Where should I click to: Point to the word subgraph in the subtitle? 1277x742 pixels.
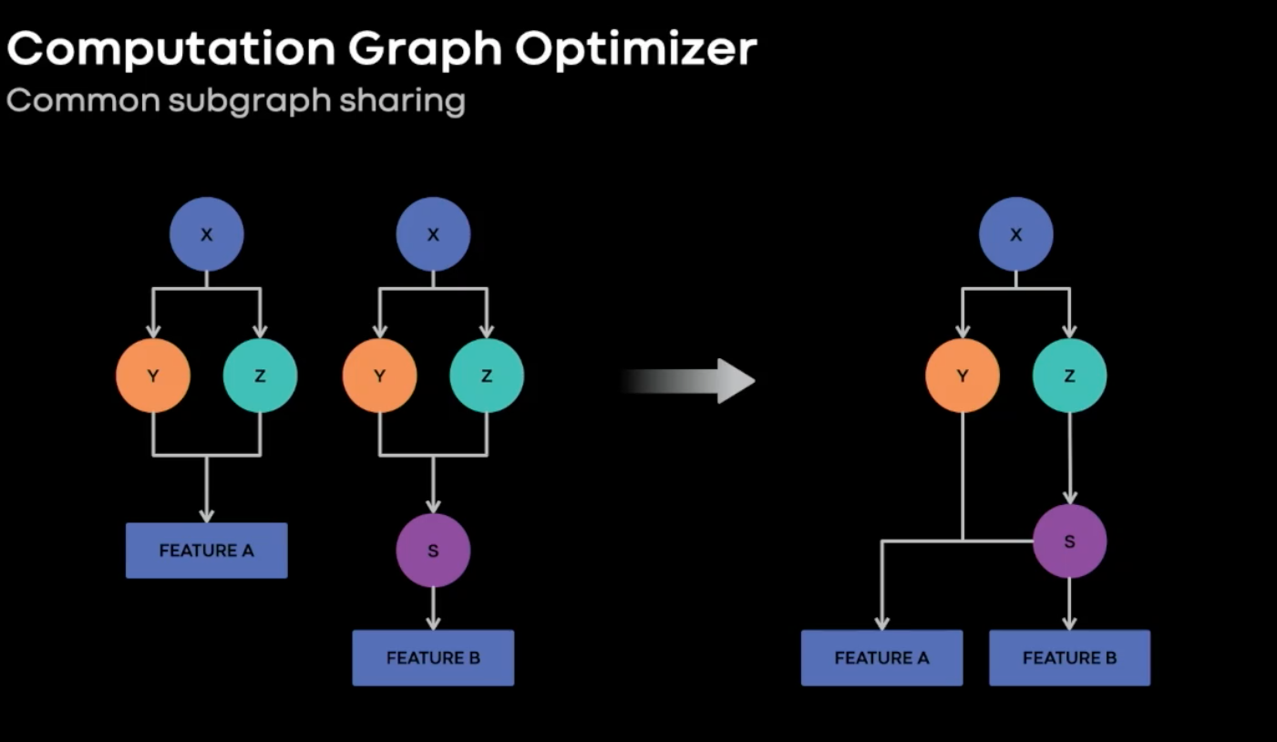(250, 102)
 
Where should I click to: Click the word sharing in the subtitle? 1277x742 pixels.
(403, 102)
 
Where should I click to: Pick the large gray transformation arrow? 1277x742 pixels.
(688, 381)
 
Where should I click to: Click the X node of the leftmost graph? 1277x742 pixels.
(206, 234)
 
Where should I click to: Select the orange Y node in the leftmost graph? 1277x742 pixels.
(153, 376)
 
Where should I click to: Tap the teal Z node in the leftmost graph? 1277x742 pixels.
(260, 376)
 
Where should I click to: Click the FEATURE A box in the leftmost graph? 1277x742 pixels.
(206, 551)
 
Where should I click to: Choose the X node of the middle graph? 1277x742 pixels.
(433, 234)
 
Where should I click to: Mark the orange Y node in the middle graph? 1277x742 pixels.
(380, 376)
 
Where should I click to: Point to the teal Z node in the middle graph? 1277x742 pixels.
(487, 376)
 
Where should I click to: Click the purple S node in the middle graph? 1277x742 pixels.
(433, 551)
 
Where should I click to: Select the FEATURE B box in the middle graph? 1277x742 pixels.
(433, 657)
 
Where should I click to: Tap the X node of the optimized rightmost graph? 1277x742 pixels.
(1016, 234)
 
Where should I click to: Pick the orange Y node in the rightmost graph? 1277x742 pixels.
(963, 376)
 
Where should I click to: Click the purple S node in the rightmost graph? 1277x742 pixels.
(1069, 541)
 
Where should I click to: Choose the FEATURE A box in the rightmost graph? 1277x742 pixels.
(882, 657)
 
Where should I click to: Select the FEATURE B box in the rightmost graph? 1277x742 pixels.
(1069, 657)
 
